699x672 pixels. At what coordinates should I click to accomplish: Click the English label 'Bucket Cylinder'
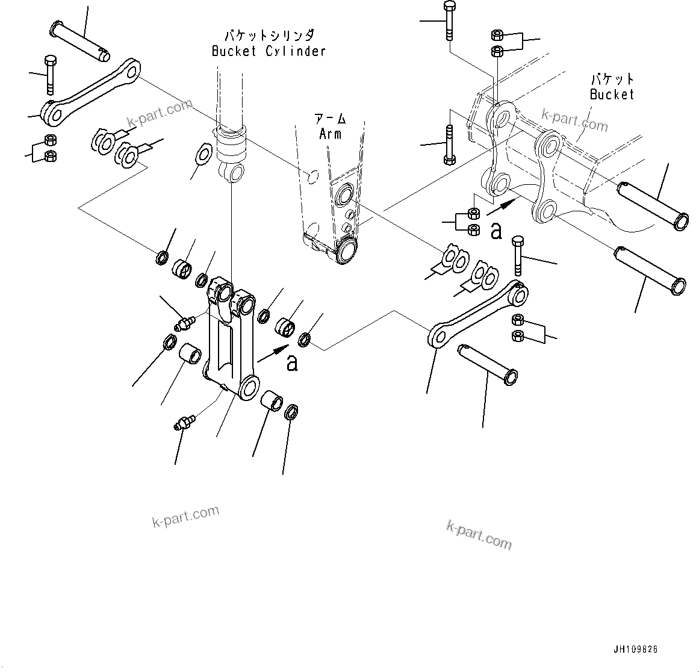coord(269,51)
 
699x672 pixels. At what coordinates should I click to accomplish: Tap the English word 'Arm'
coord(330,133)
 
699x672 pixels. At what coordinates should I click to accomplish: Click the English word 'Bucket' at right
coord(612,95)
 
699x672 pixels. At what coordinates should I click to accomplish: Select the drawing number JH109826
coord(635,650)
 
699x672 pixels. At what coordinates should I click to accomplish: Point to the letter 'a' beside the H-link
coord(292,363)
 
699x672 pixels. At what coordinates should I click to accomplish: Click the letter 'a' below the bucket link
coord(496,231)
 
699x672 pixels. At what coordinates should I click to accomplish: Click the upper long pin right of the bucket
coord(653,205)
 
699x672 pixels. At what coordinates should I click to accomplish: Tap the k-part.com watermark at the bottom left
coord(185,517)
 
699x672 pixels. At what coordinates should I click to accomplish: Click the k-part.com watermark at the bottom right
coord(479,534)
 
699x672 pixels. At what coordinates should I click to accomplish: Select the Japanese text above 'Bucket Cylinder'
coord(269,36)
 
